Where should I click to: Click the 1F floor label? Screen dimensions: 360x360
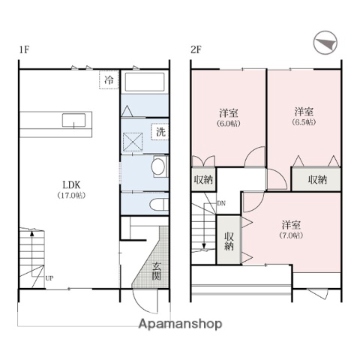[24, 50]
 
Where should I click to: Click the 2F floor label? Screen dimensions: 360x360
[196, 50]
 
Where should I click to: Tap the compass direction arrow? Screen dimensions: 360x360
[323, 43]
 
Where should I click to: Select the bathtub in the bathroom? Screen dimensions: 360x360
[145, 82]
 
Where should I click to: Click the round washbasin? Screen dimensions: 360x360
[159, 166]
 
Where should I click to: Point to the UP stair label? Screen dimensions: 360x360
[49, 279]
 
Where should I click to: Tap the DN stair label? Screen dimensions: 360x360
[221, 202]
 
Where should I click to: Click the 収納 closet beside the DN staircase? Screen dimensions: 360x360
[229, 239]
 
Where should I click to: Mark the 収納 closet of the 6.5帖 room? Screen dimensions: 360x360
[317, 180]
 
